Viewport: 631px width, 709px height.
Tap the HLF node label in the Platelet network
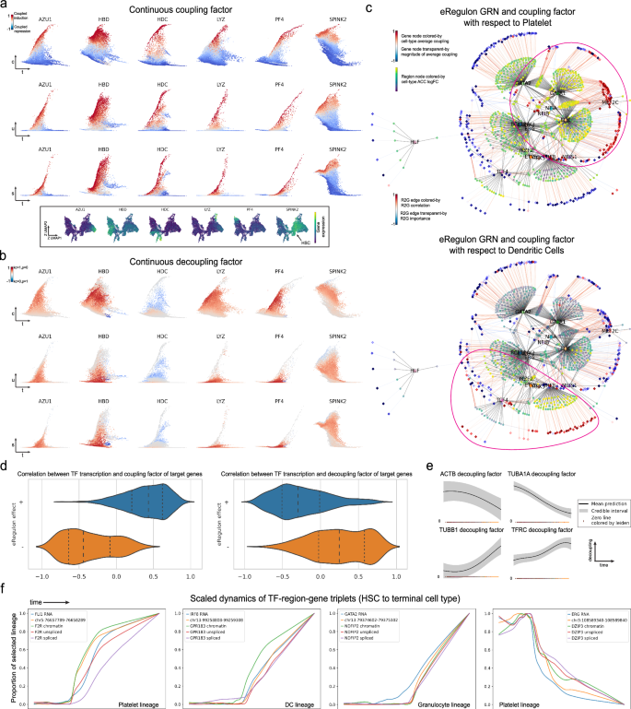tap(417, 143)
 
